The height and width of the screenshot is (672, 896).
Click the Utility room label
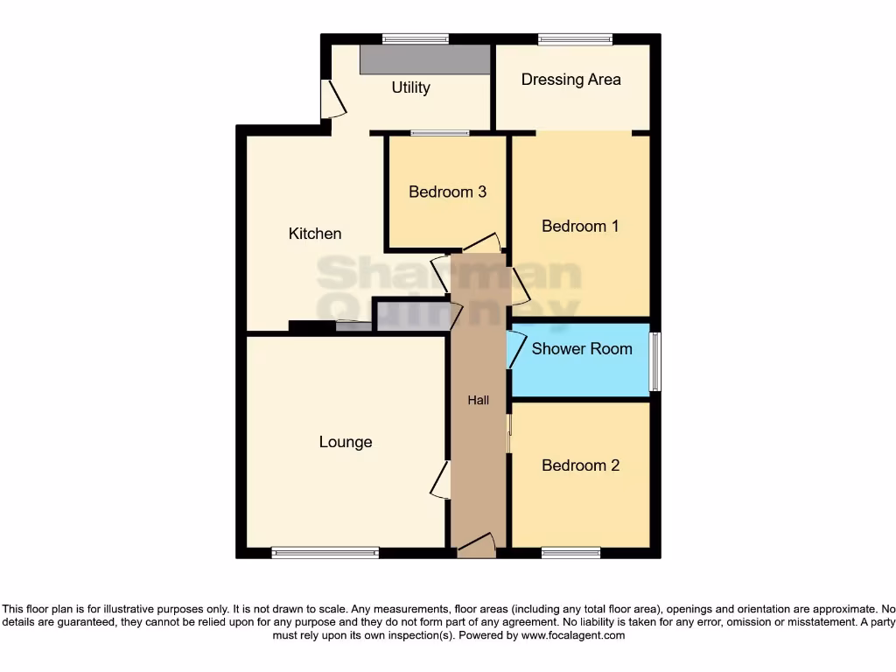point(410,87)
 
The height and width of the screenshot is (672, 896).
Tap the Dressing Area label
point(570,80)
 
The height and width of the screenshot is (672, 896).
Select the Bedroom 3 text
point(447,192)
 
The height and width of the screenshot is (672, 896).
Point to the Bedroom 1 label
point(580,226)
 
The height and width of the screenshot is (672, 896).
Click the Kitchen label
point(315,234)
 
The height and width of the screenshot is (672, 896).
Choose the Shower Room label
point(582,348)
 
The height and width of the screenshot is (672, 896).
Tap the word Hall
point(478,401)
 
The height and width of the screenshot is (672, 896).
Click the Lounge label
point(346,442)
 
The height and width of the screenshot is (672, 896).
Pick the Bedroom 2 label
point(580,465)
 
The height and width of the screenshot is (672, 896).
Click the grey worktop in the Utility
point(425,59)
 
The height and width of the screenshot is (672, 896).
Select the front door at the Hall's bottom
point(476,546)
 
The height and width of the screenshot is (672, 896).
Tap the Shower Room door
point(515,349)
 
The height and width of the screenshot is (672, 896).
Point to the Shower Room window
point(655,361)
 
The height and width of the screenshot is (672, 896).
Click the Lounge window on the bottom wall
point(325,552)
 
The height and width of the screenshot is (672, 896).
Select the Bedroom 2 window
point(570,552)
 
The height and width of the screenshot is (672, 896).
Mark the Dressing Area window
point(575,38)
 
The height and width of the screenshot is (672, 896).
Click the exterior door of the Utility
point(332,99)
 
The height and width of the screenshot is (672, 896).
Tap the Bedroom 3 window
point(440,134)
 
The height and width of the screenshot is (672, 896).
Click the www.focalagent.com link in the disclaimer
point(573,636)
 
